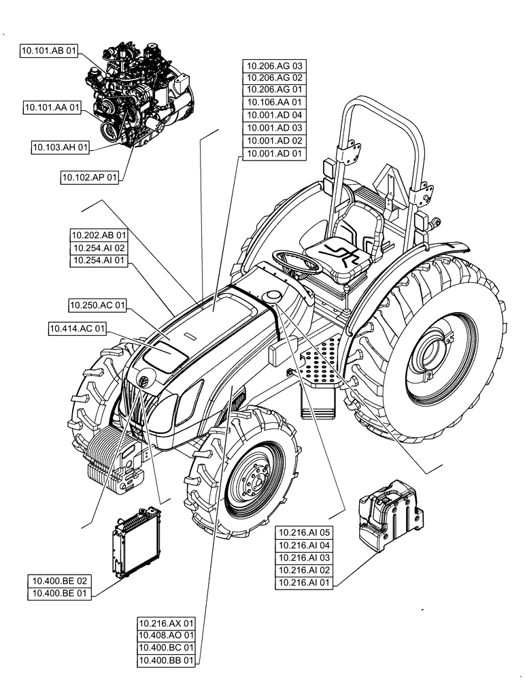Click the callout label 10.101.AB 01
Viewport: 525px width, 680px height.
click(x=48, y=51)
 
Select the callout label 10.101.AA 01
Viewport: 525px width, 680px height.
click(x=52, y=107)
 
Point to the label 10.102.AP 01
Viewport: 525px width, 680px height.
click(x=90, y=177)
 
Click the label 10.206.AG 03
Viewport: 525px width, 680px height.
click(x=274, y=66)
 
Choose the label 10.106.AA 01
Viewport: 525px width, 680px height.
click(x=274, y=103)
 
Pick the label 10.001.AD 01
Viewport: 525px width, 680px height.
click(x=274, y=154)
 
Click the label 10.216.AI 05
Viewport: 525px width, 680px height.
click(x=305, y=532)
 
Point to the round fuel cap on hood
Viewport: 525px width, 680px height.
click(x=274, y=296)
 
